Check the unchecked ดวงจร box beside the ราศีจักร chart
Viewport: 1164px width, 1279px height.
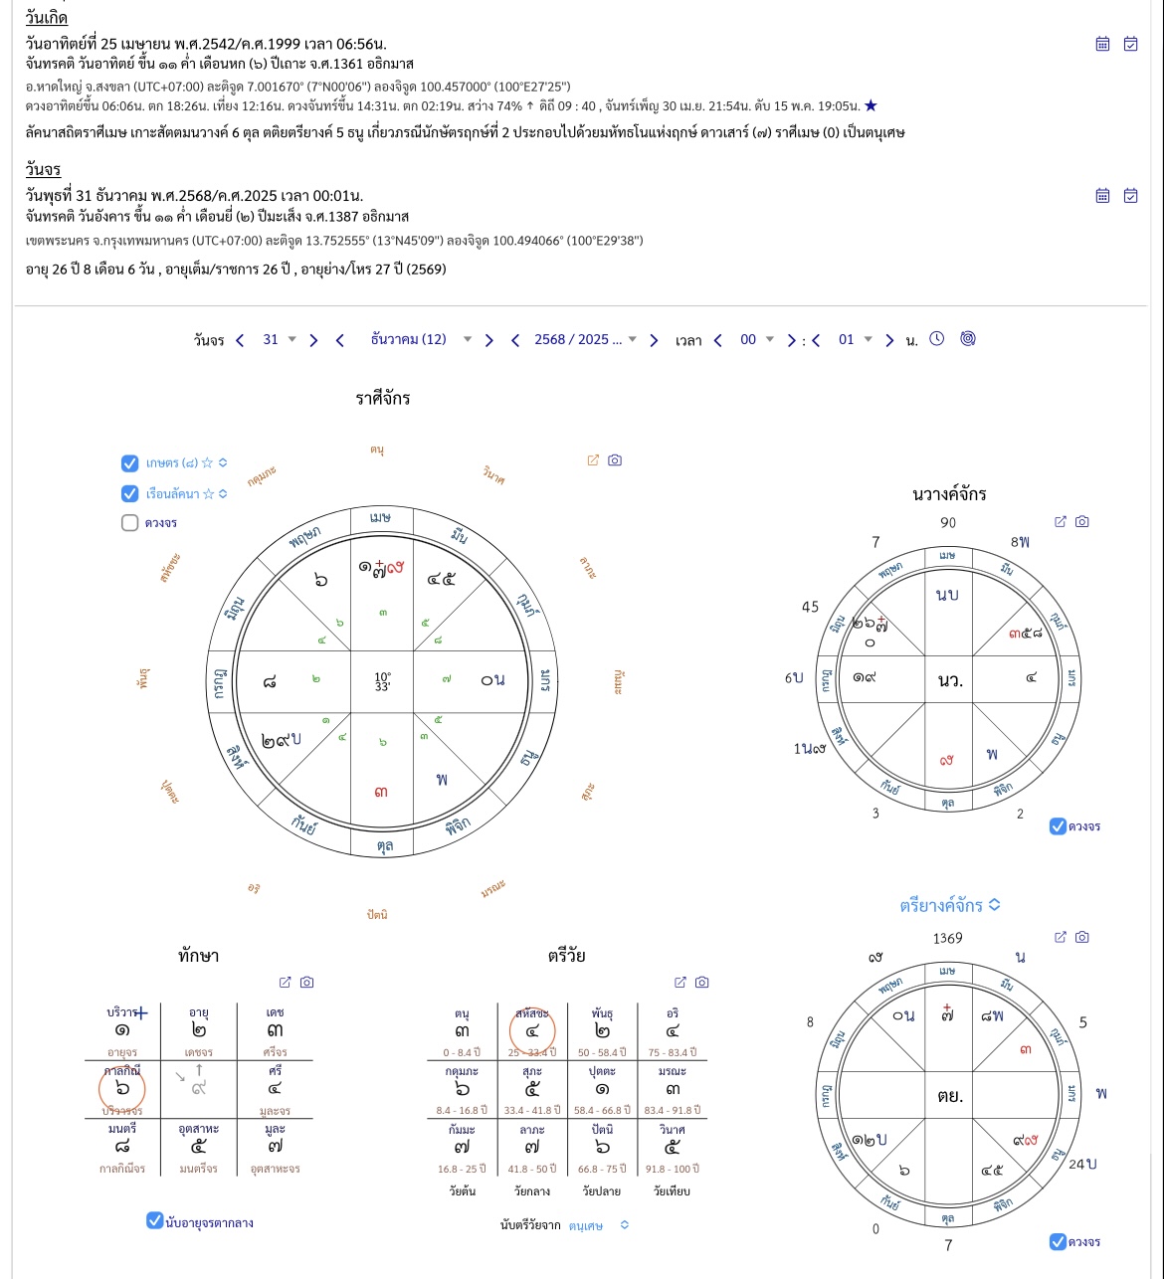point(129,522)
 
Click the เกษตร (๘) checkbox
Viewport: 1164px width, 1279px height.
point(129,462)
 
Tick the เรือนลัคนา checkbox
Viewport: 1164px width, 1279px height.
point(129,493)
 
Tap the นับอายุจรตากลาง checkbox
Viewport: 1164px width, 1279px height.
point(154,1220)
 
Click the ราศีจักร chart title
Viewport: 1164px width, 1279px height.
point(383,399)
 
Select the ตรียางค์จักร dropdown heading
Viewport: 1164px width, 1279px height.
point(950,905)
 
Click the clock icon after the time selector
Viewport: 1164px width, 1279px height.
point(937,338)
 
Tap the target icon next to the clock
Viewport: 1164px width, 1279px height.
point(967,338)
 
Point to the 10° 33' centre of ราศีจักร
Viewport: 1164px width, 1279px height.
point(383,681)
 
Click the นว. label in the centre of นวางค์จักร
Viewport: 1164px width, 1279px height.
point(950,680)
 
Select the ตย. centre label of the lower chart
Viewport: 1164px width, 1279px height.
point(949,1096)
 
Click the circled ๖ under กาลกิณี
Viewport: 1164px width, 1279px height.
point(122,1089)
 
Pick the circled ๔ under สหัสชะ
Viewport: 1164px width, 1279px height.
point(532,1031)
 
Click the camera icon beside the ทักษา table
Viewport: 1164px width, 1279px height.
point(307,982)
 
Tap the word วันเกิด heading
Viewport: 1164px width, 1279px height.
point(47,18)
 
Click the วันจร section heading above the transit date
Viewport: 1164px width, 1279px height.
point(43,169)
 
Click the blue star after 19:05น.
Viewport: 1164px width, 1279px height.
point(872,105)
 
